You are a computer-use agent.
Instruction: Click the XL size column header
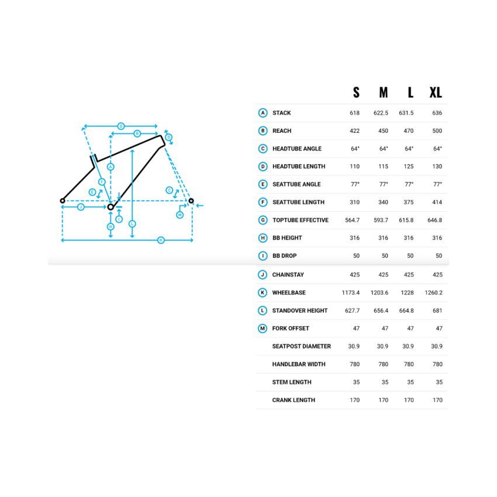tap(436, 92)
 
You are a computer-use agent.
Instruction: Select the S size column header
tap(356, 92)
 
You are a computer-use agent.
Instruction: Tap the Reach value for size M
tap(383, 131)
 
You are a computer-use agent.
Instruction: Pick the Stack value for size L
tap(406, 113)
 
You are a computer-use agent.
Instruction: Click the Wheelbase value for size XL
tap(434, 292)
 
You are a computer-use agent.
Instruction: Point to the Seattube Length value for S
tap(355, 202)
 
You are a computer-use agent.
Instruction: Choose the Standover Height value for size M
tap(381, 310)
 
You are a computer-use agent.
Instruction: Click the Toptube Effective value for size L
tap(406, 220)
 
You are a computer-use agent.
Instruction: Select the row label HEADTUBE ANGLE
tap(297, 149)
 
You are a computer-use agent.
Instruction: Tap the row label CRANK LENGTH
tap(294, 400)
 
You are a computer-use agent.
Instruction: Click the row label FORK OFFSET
tap(291, 329)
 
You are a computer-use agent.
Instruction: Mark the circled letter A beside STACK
tap(263, 113)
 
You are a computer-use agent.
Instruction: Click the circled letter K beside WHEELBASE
tap(263, 292)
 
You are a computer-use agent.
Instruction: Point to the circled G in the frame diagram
tap(121, 126)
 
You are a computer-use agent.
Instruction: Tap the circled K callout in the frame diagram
tap(161, 240)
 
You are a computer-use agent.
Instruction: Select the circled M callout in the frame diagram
tap(180, 215)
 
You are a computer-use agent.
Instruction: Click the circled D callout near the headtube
tap(168, 137)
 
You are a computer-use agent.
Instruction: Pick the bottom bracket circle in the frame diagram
tap(111, 207)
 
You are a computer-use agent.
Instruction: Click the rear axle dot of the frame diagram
tap(63, 201)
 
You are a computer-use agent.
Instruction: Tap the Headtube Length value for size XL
tap(437, 167)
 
